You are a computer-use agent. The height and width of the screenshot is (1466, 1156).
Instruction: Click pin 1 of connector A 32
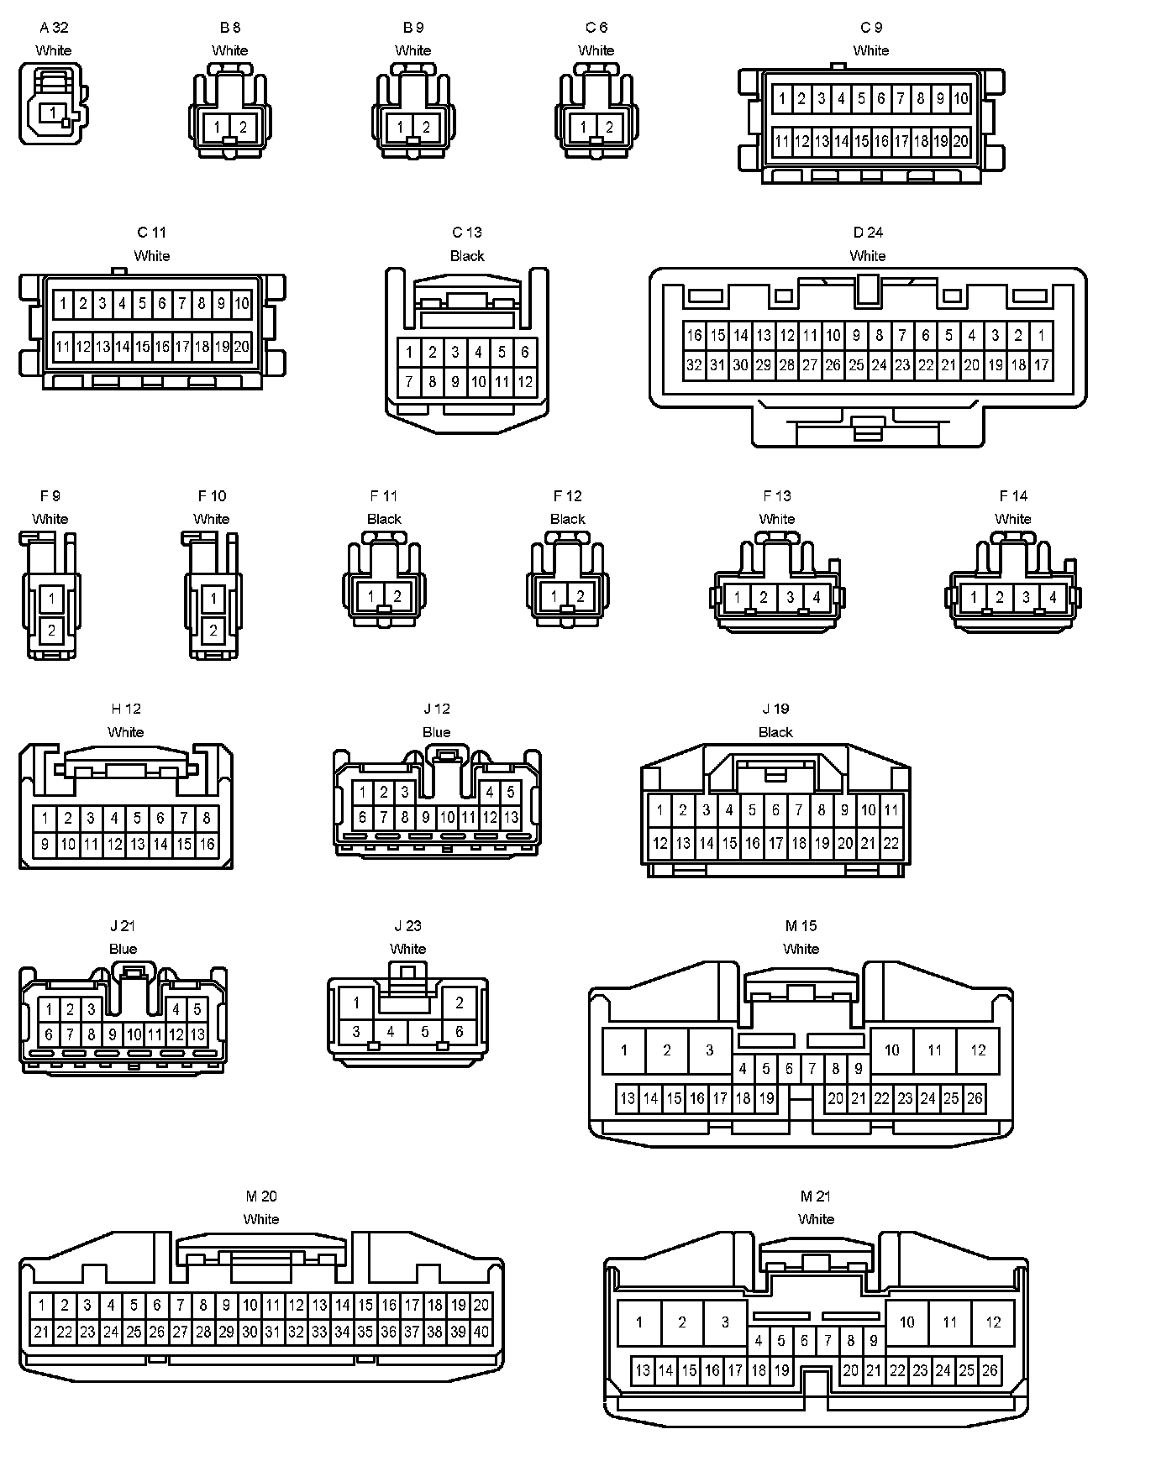[53, 113]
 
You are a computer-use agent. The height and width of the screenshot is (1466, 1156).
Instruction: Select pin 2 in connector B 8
[244, 128]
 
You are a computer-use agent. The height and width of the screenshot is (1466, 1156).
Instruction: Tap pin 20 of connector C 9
[961, 141]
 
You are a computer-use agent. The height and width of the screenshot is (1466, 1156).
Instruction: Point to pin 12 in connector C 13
[525, 382]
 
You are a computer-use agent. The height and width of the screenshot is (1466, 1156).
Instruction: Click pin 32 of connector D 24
[694, 365]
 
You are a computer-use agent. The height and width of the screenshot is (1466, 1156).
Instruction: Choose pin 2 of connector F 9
[52, 630]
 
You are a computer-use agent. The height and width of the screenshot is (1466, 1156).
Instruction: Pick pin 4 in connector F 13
[816, 598]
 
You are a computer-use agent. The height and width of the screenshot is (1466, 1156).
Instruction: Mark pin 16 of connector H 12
[207, 845]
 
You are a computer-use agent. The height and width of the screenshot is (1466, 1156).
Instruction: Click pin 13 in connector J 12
[511, 817]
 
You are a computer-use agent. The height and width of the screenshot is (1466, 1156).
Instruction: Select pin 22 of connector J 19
[891, 843]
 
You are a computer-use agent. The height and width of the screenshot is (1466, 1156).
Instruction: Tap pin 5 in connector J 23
[425, 1032]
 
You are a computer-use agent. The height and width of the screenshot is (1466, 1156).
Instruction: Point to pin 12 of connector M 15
[978, 1050]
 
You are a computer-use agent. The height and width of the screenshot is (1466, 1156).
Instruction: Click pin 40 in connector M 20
[481, 1332]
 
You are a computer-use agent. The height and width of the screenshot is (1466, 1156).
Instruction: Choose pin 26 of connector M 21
[990, 1371]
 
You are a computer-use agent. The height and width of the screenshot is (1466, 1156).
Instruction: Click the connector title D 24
[868, 233]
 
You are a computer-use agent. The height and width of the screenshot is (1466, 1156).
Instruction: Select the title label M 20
[261, 1196]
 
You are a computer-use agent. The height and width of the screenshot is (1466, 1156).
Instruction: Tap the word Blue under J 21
[123, 949]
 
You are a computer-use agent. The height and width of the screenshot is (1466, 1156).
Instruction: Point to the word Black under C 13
[467, 256]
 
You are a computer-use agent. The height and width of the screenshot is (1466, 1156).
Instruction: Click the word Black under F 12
[568, 519]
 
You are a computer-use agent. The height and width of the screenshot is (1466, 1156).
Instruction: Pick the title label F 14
[1013, 496]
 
